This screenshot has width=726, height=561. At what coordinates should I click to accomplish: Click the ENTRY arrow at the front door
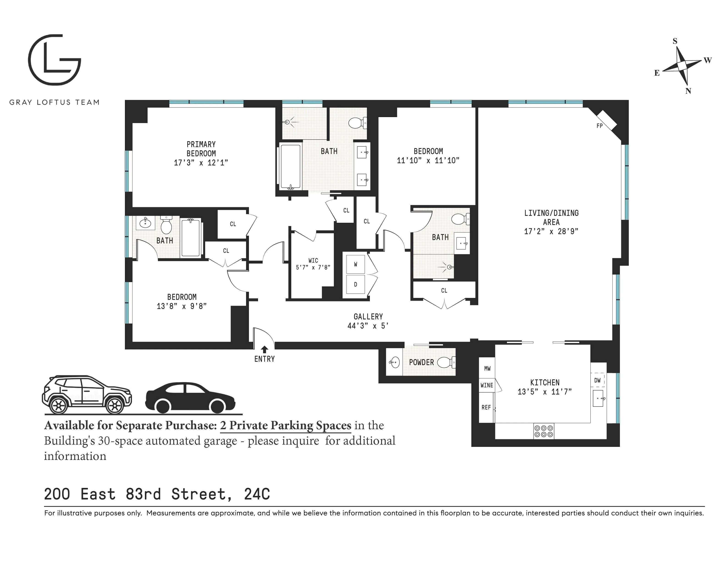[265, 349]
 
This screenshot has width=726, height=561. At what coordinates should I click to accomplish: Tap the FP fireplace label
[599, 126]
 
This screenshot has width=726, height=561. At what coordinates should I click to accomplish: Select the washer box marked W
[355, 264]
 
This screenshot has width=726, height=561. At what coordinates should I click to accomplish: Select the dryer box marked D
[355, 284]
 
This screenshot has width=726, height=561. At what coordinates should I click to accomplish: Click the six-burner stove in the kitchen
[544, 431]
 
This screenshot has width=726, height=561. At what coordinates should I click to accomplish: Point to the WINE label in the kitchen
[487, 385]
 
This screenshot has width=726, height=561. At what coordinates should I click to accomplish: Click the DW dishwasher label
[597, 380]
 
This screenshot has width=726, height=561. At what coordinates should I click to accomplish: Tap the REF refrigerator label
[486, 407]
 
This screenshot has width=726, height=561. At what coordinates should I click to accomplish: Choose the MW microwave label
[487, 368]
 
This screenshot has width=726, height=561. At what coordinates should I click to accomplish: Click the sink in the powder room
[395, 362]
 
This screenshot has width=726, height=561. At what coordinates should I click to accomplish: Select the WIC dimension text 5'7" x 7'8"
[313, 267]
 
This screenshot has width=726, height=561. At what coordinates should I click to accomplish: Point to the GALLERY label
[368, 316]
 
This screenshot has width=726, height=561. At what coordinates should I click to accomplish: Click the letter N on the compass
[688, 91]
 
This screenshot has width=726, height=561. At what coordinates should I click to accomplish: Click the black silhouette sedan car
[190, 397]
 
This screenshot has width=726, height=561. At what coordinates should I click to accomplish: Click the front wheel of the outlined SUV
[115, 405]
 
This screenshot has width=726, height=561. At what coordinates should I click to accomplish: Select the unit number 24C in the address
[257, 494]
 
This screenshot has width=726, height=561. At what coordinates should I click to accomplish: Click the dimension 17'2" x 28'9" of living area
[551, 231]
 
